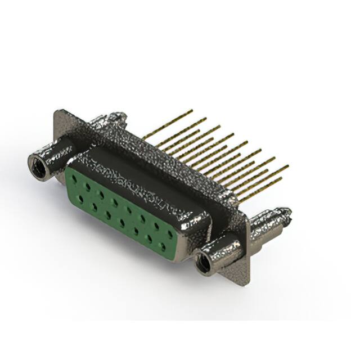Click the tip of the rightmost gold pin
287,166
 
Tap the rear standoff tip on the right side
287,213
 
